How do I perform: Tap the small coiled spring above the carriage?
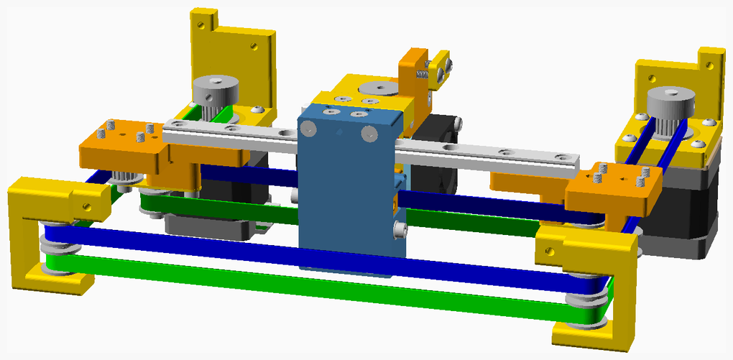tap(423, 71)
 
